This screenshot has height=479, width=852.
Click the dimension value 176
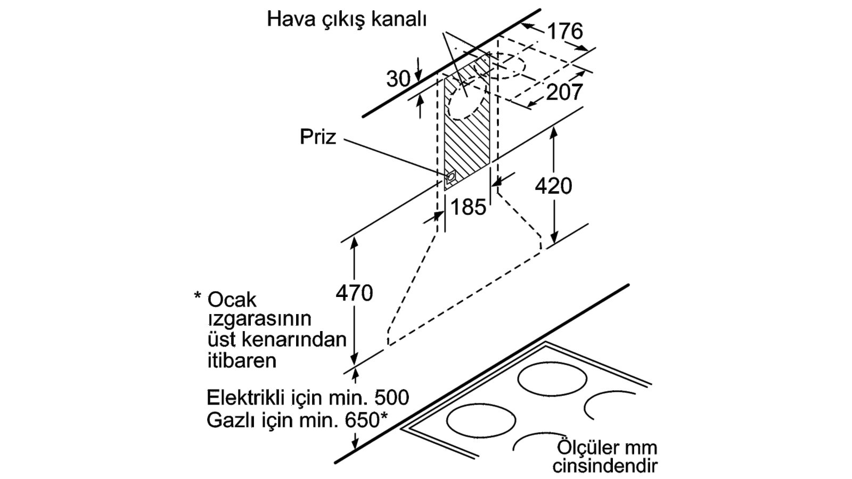pos(565,31)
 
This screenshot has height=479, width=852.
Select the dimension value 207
pos(564,92)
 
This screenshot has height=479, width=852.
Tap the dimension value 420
pos(553,186)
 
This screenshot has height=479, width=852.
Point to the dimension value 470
pos(354,293)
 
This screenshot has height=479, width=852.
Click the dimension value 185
pos(468,207)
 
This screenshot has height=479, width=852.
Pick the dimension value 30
pos(398,79)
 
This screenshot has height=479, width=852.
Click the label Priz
pos(317,137)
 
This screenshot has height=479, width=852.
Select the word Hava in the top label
pos(290,19)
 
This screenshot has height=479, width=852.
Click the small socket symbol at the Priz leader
pos(450,176)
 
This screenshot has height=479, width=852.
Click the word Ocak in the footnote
pos(232,300)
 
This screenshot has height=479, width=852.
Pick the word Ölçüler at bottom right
pos(583,446)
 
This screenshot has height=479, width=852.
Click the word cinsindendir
pos(604,466)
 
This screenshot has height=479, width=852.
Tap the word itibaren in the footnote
pos(242,360)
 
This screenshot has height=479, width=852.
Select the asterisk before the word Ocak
pos(198,296)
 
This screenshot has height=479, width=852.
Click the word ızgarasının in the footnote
pos(259,320)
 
